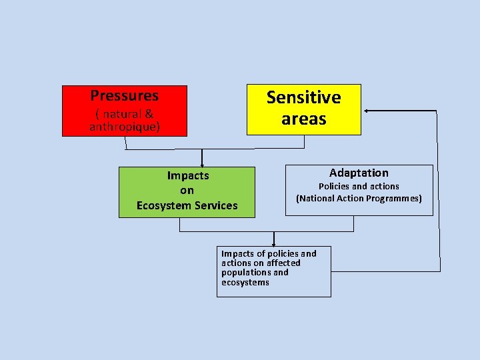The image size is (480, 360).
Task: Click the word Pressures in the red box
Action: click(125, 95)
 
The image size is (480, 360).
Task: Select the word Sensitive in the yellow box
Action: click(303, 97)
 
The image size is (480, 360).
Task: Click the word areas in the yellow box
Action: click(303, 119)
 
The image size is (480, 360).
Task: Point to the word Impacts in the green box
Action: click(187, 175)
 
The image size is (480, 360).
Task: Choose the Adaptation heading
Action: click(359, 173)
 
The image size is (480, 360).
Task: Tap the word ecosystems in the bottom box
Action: click(245, 282)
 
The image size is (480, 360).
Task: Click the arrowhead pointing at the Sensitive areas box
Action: click(367, 110)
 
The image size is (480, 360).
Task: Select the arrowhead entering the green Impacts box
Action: click(202, 164)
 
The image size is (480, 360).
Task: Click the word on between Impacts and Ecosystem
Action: click(187, 191)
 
